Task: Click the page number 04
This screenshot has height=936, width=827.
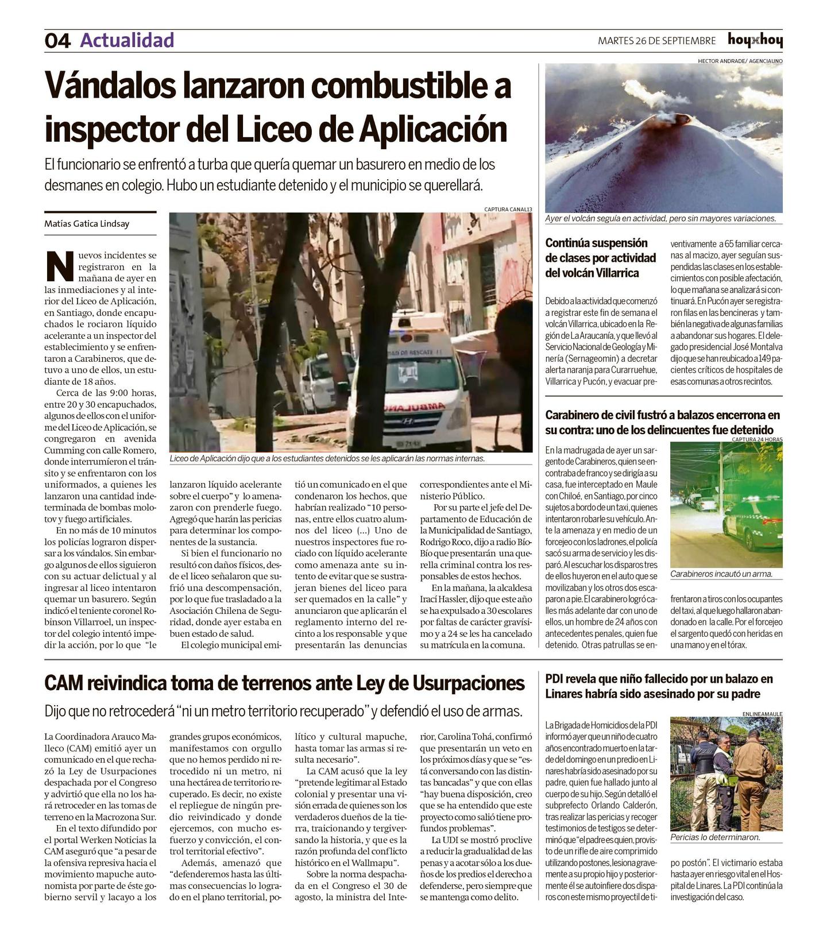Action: coord(57,41)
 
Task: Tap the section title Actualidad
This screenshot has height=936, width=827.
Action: coord(127,40)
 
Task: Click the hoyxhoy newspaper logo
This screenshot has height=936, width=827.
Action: coord(755,40)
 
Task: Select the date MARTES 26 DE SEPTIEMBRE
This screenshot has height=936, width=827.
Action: coord(656,41)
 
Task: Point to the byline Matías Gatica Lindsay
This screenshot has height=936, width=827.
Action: coord(87,224)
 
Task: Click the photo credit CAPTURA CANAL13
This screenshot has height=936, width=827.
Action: coord(508,210)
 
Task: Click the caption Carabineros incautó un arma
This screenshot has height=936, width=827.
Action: coord(721,574)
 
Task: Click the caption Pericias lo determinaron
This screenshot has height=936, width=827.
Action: coord(715,837)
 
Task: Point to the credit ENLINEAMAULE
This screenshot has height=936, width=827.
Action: coord(762,714)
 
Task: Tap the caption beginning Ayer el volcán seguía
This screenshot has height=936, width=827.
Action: coord(660,219)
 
